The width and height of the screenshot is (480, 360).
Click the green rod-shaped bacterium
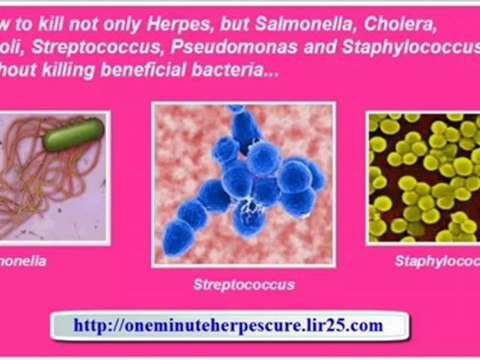click(72, 134)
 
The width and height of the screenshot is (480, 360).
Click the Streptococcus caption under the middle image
click(243, 285)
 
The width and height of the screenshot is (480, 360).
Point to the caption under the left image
click(22, 262)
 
